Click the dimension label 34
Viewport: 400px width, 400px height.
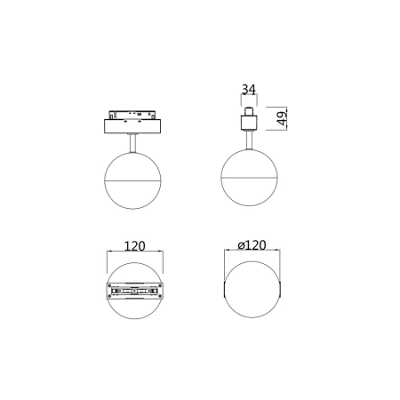248,89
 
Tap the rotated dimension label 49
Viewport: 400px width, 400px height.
283,118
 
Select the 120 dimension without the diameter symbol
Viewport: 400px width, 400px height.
134,246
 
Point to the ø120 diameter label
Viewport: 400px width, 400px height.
252,245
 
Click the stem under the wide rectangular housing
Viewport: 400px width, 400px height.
132,143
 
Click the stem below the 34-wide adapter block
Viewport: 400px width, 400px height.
249,140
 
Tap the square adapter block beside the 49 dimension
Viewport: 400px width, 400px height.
249,123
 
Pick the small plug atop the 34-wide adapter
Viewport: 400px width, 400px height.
249,111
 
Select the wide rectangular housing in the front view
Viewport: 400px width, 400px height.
132,126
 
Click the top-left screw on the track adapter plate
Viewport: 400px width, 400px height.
109,286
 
